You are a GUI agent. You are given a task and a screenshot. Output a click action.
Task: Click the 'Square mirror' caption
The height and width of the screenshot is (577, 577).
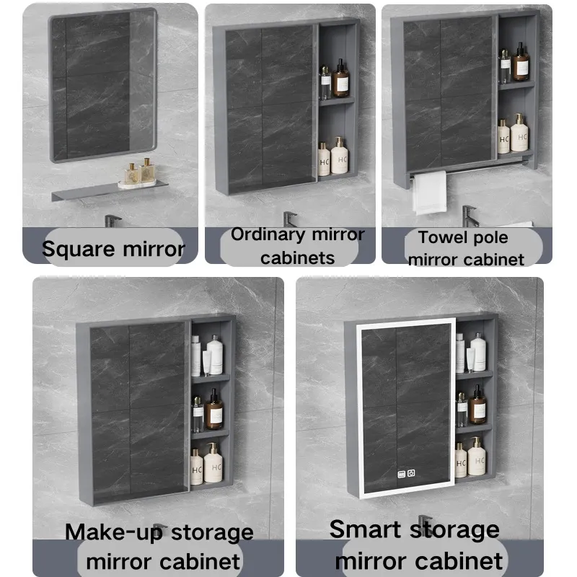(113, 250)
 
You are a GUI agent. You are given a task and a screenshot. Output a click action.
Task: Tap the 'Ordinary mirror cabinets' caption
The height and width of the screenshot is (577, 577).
(297, 245)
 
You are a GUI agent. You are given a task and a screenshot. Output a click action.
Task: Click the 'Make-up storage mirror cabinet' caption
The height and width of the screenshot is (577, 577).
(159, 546)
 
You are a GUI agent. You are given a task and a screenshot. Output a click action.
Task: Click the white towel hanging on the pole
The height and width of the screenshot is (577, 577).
(429, 193)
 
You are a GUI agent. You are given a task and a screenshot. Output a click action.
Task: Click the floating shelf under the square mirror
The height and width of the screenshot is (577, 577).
(108, 191)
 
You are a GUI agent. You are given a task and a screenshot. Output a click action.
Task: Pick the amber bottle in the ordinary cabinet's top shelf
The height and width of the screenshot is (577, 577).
(341, 79)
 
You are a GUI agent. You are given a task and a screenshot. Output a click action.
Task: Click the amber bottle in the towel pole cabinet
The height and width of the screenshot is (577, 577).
(521, 63)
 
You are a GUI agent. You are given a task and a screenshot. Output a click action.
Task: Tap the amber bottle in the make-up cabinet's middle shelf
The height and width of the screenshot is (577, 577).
(213, 411)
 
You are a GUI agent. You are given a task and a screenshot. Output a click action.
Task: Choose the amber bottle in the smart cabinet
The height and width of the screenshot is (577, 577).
(477, 405)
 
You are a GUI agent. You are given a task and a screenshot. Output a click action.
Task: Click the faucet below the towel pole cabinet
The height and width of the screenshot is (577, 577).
(470, 215)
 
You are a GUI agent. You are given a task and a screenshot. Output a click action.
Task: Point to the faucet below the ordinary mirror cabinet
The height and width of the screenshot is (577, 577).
(290, 219)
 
